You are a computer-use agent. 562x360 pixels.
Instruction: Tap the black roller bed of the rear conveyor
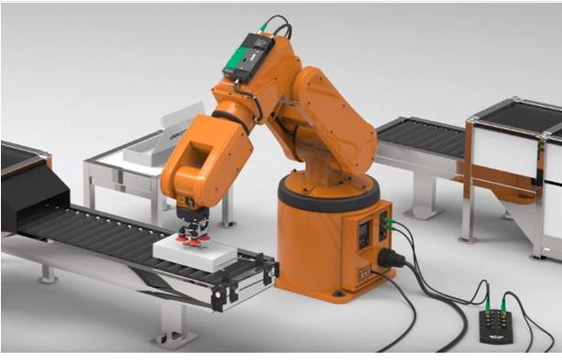(420, 137)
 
